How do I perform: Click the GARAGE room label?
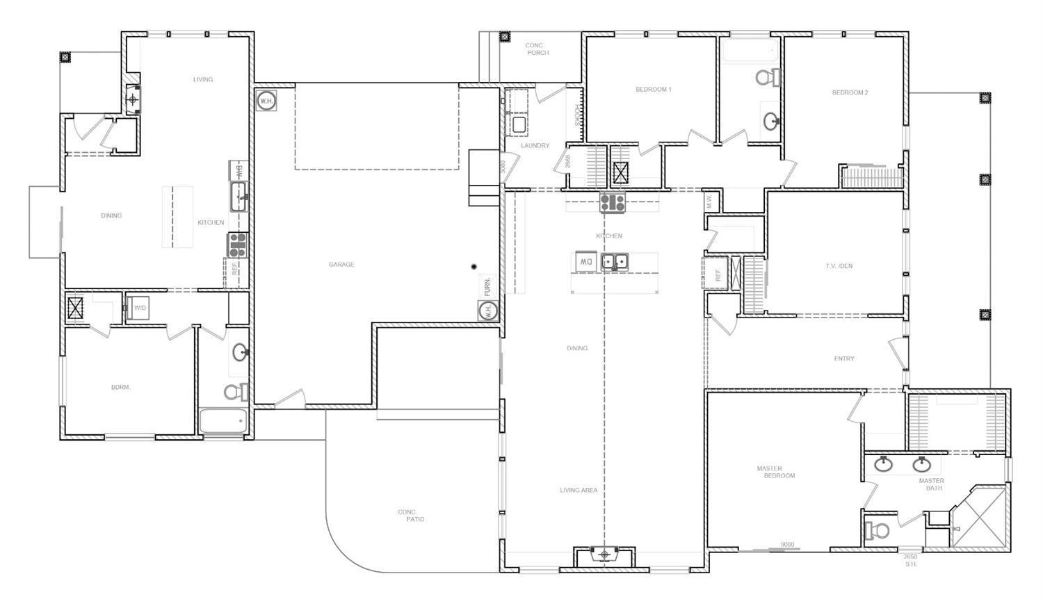click(341, 265)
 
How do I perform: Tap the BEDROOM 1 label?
click(653, 90)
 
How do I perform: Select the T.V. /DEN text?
click(839, 266)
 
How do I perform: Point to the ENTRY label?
click(844, 359)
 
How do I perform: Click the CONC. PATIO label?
click(410, 516)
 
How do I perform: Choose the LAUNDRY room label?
click(535, 146)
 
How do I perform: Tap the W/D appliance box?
click(140, 308)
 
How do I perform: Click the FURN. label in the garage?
click(487, 286)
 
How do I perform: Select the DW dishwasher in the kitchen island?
click(585, 262)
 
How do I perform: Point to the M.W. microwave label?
click(710, 202)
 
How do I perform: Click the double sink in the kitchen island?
click(615, 262)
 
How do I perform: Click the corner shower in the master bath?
click(979, 517)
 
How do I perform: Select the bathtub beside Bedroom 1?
click(750, 51)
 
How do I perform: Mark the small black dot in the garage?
click(474, 266)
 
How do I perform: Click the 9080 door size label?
click(787, 545)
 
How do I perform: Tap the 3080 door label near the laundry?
click(502, 167)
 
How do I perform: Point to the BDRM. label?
click(121, 388)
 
